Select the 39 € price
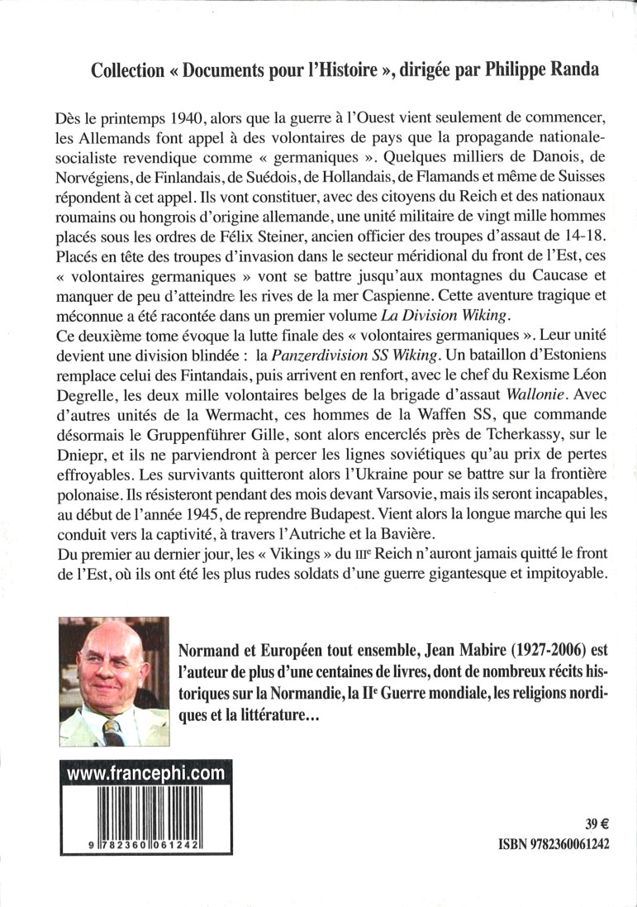596,823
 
